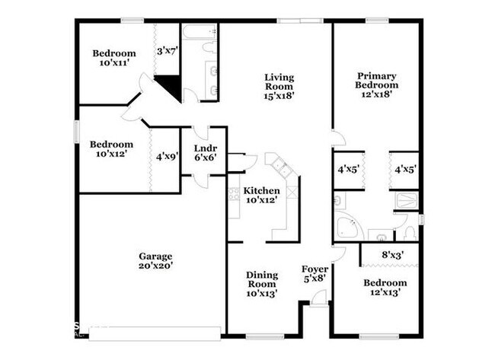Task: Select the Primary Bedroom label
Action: [x=378, y=81]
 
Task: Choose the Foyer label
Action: [x=315, y=269]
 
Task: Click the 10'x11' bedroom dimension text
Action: [x=114, y=64]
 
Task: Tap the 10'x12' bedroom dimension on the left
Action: [x=111, y=155]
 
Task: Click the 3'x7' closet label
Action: [x=166, y=52]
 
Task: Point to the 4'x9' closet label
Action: [x=167, y=157]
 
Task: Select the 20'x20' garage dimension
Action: [x=155, y=266]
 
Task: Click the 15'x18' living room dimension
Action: [x=279, y=96]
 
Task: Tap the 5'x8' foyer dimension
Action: [x=315, y=279]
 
